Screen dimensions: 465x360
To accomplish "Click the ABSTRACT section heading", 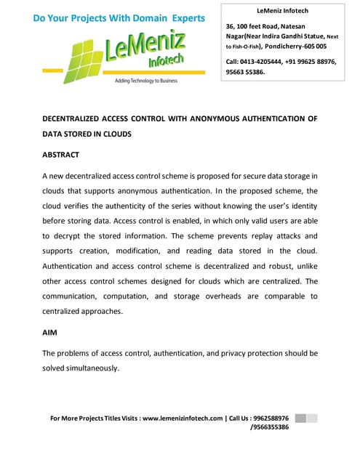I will pyautogui.click(x=60, y=155).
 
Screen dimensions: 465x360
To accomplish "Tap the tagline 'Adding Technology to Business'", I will pyautogui.click(x=145, y=81).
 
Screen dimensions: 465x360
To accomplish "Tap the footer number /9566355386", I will pyautogui.click(x=269, y=427).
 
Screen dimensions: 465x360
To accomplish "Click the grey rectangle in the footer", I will pyautogui.click(x=305, y=418).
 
